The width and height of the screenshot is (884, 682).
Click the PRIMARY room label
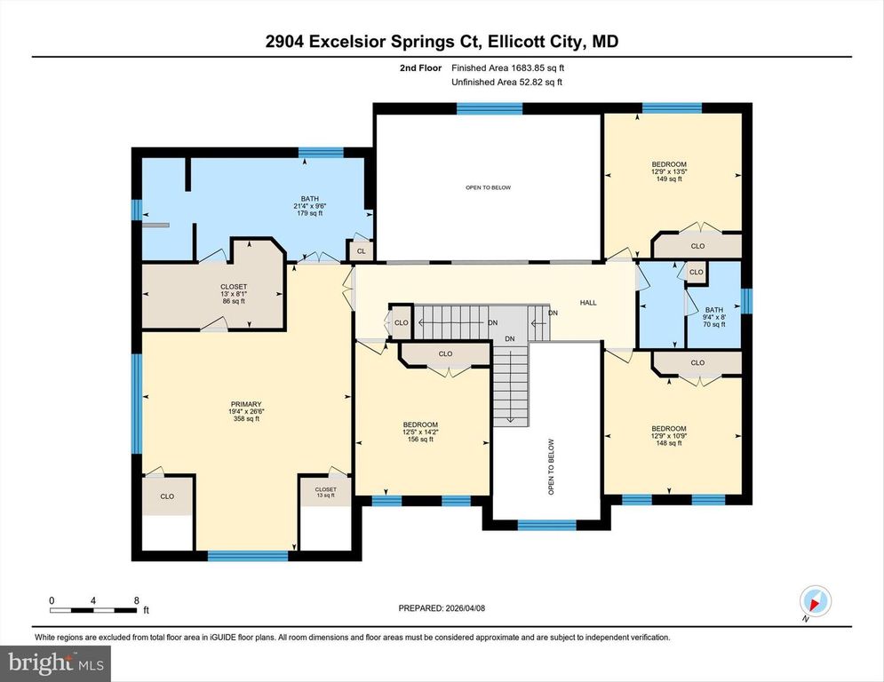pos(244,404)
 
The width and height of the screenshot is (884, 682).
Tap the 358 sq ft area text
pos(244,419)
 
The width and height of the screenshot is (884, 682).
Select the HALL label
pos(588,303)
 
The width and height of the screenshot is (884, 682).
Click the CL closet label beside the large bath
pos(361,252)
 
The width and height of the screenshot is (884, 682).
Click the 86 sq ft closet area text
pos(234,301)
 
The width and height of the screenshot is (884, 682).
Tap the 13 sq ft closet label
pos(326,496)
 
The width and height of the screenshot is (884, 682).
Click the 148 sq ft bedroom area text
pos(669,443)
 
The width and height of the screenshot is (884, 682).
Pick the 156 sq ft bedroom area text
pos(419,440)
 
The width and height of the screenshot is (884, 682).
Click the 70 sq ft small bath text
pos(714,324)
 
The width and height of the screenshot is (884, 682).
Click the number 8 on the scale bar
pos(136,600)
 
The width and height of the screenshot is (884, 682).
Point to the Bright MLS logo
pos(55,662)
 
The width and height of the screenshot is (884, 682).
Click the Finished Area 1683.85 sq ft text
pos(507,67)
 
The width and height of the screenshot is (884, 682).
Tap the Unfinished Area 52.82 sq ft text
pos(507,82)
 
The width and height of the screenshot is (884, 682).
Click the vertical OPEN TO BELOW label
pos(551,466)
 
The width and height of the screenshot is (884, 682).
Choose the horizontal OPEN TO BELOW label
pos(489,187)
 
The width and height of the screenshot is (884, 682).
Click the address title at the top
pos(442,41)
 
